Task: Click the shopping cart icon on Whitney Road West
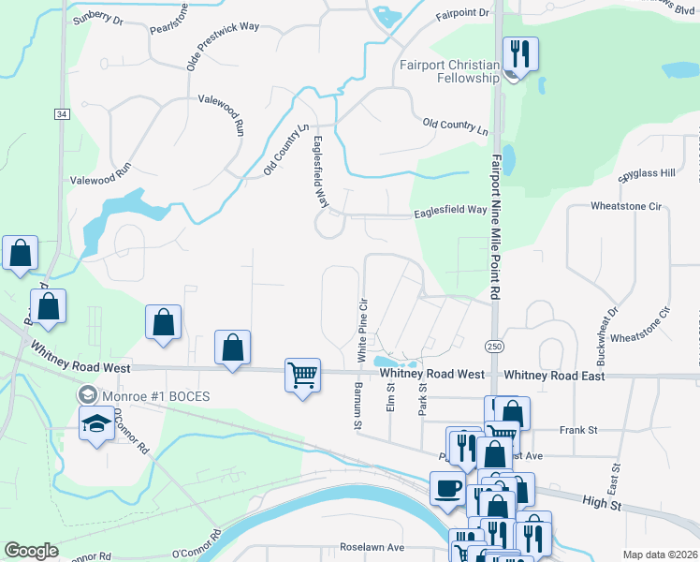[x=302, y=376]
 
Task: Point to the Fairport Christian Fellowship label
[x=449, y=71]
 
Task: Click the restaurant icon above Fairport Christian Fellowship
[x=518, y=53]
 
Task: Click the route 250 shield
[x=494, y=346]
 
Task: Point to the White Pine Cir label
[x=361, y=332]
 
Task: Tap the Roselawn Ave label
[x=372, y=547]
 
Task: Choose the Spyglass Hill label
[x=647, y=173]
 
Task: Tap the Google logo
[x=32, y=551]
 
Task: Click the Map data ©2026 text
[x=659, y=555]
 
